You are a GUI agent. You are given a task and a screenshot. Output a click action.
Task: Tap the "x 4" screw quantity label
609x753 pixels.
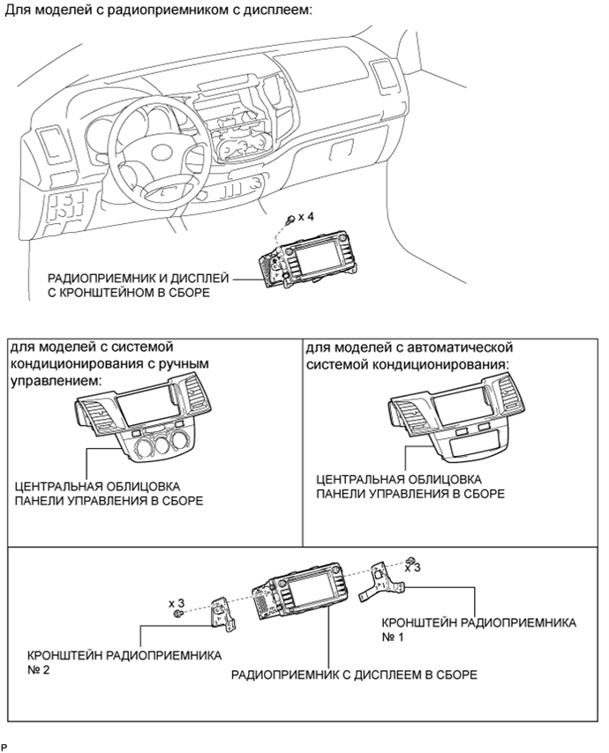(305, 217)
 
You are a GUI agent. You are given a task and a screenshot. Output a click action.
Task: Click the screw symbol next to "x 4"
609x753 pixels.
(290, 220)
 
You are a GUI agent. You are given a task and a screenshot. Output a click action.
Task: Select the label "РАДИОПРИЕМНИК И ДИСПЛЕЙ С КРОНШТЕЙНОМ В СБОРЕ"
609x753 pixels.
(138, 286)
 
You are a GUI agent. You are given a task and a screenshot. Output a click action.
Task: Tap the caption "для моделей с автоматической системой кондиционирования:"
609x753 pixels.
(410, 355)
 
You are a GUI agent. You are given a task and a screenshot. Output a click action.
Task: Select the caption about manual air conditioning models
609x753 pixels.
(109, 363)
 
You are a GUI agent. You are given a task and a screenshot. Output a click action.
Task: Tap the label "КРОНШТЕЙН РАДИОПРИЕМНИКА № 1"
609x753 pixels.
(478, 630)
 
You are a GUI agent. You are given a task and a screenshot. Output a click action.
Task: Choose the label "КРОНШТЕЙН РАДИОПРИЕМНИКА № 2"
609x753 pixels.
(124, 662)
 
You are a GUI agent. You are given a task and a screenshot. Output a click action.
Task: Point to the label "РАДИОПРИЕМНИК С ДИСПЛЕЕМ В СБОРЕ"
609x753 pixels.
(354, 675)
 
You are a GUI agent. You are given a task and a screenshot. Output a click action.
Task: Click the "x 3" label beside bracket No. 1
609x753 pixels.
(412, 567)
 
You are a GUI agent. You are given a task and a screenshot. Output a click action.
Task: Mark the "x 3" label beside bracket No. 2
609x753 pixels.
(177, 603)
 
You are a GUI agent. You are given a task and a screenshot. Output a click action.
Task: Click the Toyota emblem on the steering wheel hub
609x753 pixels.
(163, 153)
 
